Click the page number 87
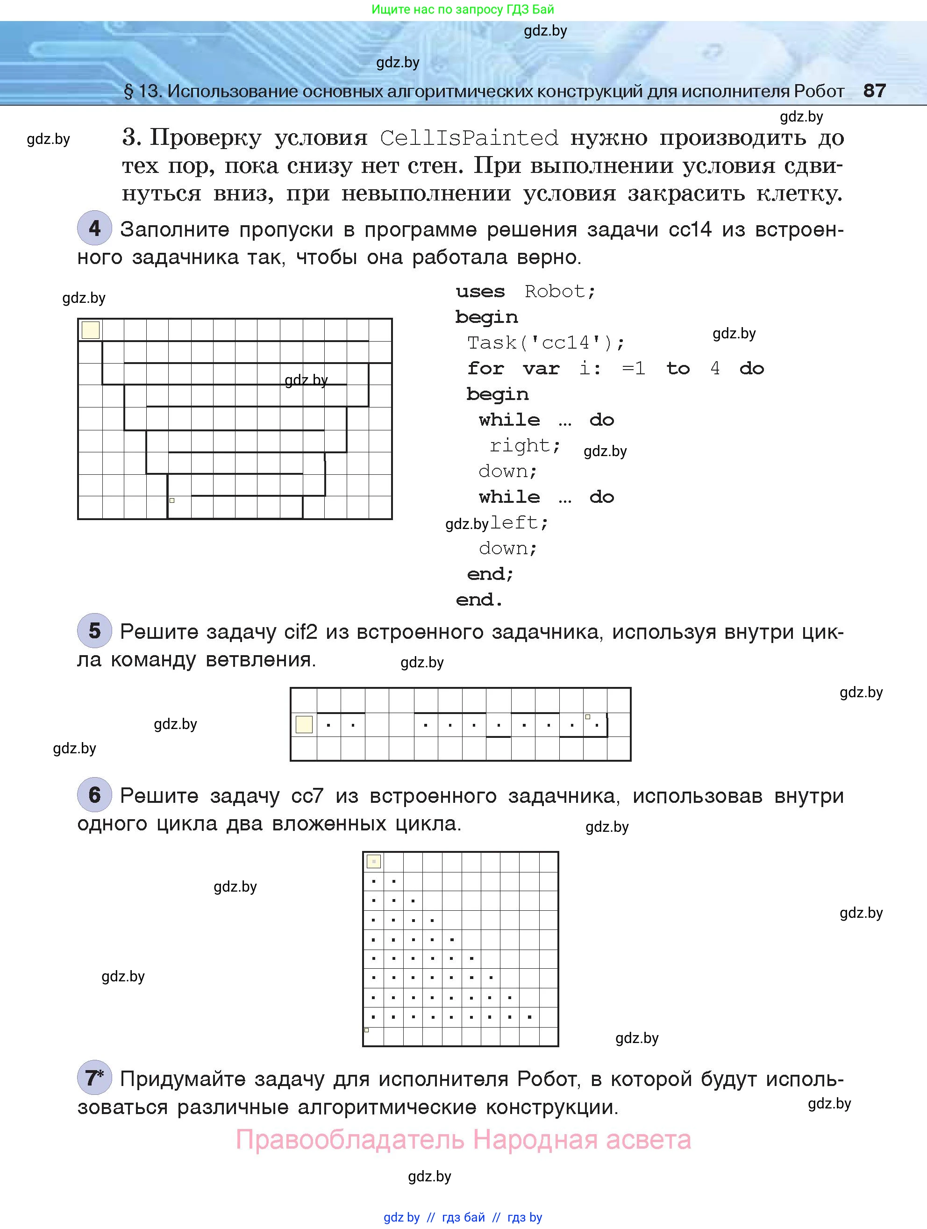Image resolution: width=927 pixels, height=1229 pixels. point(874,91)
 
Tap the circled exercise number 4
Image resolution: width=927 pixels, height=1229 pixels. point(94,228)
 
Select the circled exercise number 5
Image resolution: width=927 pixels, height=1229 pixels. point(94,630)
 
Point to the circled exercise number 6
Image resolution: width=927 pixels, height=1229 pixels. point(94,794)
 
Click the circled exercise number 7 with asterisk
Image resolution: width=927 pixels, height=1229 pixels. point(94,1078)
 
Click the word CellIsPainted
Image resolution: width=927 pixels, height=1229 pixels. point(469,138)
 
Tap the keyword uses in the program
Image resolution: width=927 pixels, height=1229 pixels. point(480,292)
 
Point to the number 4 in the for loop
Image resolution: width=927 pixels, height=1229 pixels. point(715,368)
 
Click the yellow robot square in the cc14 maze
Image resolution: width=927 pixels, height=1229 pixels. point(91,330)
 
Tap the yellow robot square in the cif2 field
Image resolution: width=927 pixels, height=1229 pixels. point(304,724)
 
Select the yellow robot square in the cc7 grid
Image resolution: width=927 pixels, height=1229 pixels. point(374,862)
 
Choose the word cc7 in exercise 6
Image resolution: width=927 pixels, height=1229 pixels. point(307,796)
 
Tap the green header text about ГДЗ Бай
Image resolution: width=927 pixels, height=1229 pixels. point(463,9)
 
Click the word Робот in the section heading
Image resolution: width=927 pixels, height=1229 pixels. point(819,91)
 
